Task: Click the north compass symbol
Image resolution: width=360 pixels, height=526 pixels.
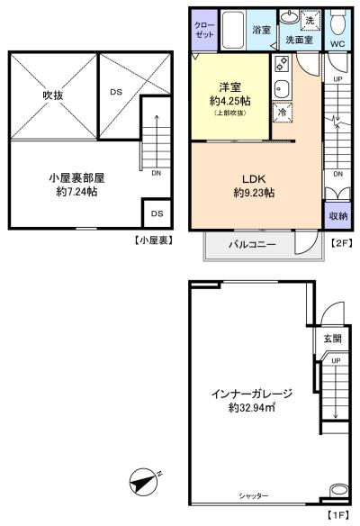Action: pyautogui.click(x=143, y=482)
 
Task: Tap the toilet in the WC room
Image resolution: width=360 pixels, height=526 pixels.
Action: pyautogui.click(x=337, y=23)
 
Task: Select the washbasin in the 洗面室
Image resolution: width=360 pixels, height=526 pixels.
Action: pyautogui.click(x=289, y=16)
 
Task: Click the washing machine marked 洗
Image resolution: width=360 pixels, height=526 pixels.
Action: pyautogui.click(x=310, y=21)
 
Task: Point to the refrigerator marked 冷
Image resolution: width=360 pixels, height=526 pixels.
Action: pyautogui.click(x=283, y=112)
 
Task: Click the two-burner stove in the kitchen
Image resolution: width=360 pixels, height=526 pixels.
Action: pyautogui.click(x=282, y=64)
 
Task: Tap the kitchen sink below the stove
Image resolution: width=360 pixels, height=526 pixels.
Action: pyautogui.click(x=282, y=89)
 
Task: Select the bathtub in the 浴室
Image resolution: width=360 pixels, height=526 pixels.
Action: pyautogui.click(x=233, y=30)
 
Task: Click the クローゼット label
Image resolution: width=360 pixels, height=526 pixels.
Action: pyautogui.click(x=204, y=30)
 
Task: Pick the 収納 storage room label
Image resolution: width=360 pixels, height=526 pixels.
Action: pyautogui.click(x=337, y=215)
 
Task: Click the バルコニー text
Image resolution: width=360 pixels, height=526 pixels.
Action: pyautogui.click(x=252, y=244)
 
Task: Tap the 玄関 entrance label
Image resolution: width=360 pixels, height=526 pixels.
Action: pyautogui.click(x=332, y=338)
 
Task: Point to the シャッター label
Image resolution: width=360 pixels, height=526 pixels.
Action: pyautogui.click(x=254, y=495)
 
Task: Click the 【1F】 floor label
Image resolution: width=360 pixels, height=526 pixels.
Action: pyautogui.click(x=337, y=514)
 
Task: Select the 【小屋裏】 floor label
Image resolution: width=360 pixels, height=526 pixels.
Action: pyautogui.click(x=154, y=240)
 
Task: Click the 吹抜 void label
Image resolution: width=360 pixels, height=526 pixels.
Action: pyautogui.click(x=53, y=95)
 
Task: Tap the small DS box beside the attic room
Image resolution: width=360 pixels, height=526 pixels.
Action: pyautogui.click(x=157, y=213)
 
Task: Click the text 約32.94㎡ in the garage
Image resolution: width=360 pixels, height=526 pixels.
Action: pyautogui.click(x=252, y=408)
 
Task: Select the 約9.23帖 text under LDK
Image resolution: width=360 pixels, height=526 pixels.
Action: pyautogui.click(x=254, y=193)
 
